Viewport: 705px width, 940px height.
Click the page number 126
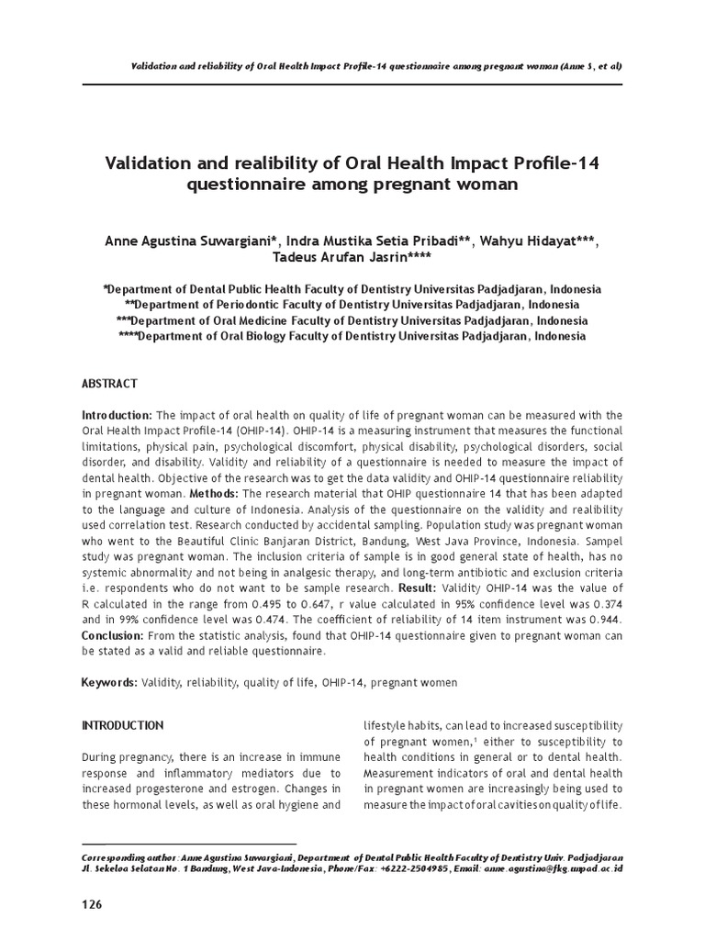point(92,904)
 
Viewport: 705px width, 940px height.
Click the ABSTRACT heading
point(109,383)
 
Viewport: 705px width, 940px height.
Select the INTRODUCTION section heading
point(123,725)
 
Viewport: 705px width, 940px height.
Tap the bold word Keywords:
point(109,683)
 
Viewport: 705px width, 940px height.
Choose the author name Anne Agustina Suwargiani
point(189,241)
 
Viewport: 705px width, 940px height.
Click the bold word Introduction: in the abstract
point(119,416)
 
